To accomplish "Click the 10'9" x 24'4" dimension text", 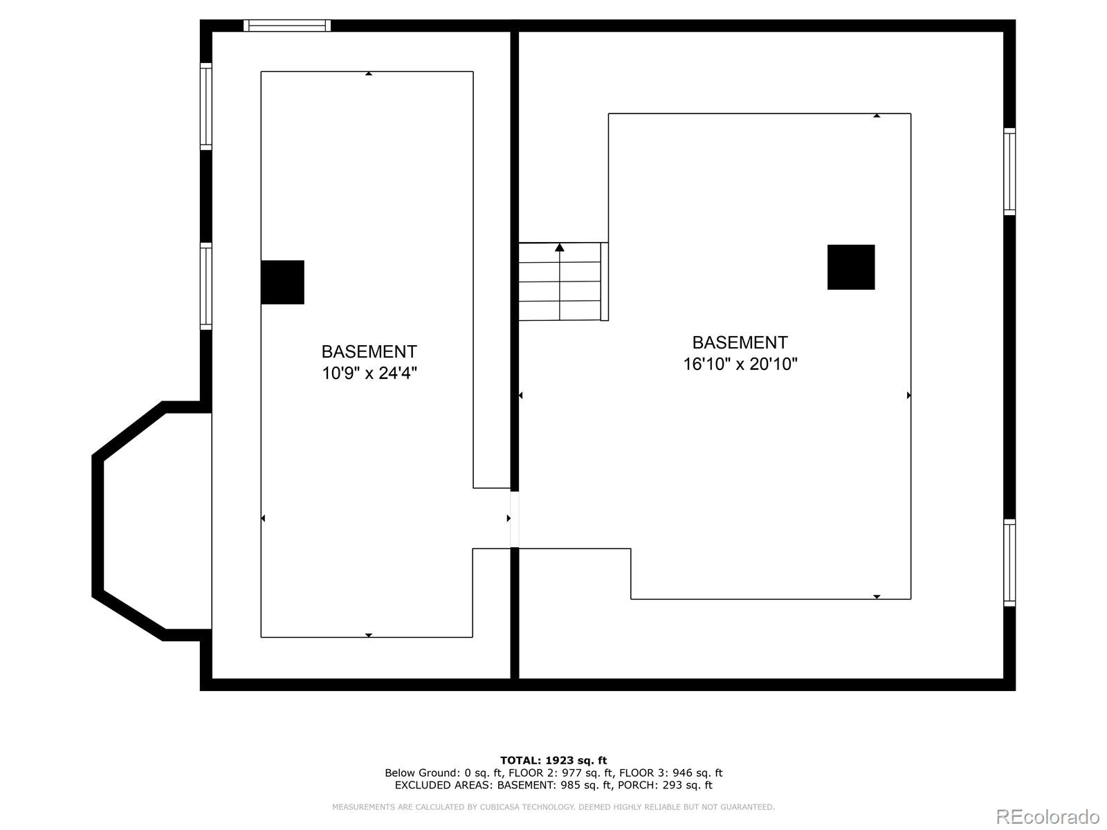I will point(369,373).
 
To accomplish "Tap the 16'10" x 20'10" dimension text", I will point(740,364).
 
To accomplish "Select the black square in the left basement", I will point(282,282).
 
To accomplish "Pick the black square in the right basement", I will point(851,267).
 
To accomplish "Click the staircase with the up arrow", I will point(560,282).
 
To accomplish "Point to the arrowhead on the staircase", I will point(560,247).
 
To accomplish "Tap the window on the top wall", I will point(287,26).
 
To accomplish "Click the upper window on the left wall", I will point(206,107).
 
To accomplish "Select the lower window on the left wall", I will point(206,286).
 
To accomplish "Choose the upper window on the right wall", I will point(1009,172).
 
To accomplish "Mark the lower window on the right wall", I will point(1009,562).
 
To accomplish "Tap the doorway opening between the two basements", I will point(514,519).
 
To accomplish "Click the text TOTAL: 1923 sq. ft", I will point(553,760).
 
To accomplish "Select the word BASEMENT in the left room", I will point(369,351).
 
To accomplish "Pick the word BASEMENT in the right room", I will point(740,342).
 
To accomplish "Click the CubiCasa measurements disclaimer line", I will point(553,807).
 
